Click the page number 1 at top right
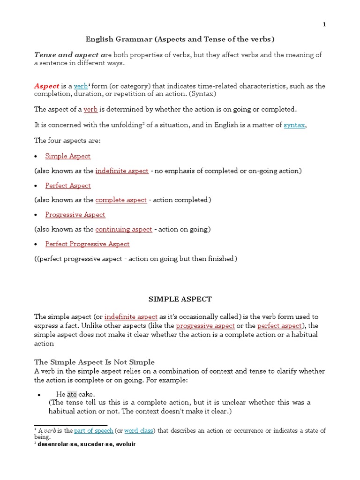tap(324, 25)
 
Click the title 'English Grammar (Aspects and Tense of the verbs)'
tap(180, 39)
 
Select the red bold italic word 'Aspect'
tap(46, 86)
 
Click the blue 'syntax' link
tap(294, 125)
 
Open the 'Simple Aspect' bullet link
tap(68, 156)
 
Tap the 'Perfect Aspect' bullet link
tap(68, 186)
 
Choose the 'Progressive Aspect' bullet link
tap(75, 215)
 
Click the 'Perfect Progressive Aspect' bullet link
tap(87, 244)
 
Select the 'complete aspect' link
tap(121, 200)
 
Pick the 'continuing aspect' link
tap(124, 229)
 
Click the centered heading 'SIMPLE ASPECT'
tap(180, 299)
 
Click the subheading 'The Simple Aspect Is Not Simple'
tap(94, 362)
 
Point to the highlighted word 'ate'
tap(72, 394)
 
